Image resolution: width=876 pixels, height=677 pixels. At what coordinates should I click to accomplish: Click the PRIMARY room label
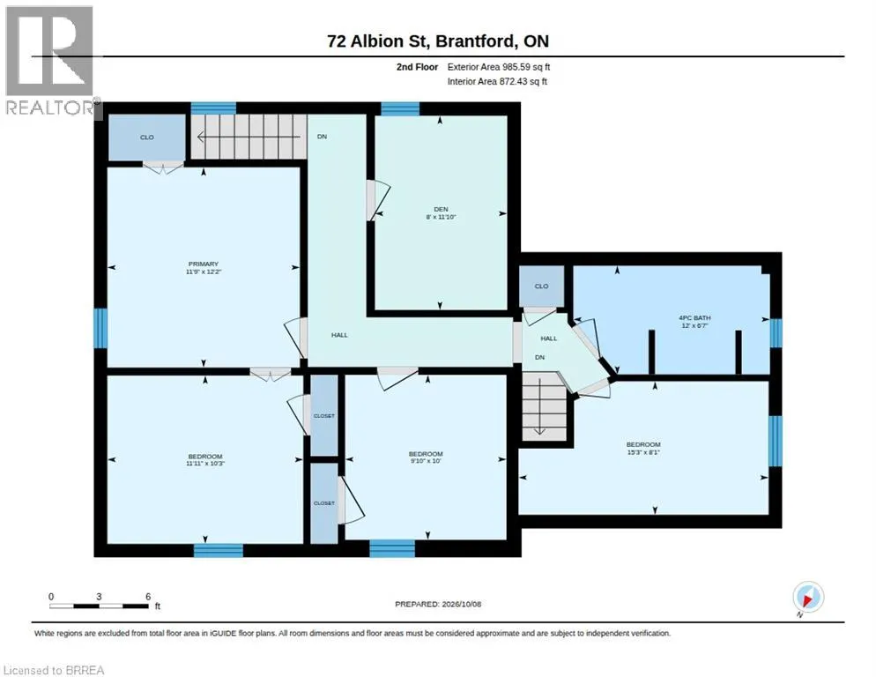click(204, 267)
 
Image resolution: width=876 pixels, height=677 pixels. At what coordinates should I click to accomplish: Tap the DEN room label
click(441, 213)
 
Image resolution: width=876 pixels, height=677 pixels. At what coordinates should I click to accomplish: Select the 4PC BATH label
click(694, 322)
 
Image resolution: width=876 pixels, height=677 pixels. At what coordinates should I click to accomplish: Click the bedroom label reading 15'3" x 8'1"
click(643, 449)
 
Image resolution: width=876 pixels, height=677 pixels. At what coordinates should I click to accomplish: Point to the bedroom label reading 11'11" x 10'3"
click(205, 459)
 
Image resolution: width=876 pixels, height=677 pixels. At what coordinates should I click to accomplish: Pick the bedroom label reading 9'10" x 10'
click(426, 458)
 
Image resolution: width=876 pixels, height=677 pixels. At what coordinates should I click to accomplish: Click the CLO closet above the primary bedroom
click(147, 138)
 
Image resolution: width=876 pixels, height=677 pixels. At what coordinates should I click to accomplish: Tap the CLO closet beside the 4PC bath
click(541, 286)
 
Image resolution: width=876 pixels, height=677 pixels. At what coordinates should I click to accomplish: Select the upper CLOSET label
click(324, 416)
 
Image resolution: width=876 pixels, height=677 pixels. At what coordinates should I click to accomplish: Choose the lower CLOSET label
click(324, 503)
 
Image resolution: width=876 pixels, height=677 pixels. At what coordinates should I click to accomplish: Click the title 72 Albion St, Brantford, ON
click(438, 41)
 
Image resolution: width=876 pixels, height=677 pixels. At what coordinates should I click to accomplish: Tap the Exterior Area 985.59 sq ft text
click(499, 67)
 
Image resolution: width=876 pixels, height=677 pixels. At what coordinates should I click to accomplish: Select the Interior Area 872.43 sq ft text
click(497, 82)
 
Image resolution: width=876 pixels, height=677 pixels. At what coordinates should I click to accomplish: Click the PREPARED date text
click(438, 604)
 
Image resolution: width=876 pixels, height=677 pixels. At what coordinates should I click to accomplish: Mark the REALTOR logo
click(49, 60)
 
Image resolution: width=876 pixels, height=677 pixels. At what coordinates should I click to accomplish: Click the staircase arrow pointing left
click(249, 137)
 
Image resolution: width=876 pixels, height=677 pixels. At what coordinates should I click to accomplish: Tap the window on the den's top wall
click(400, 108)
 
